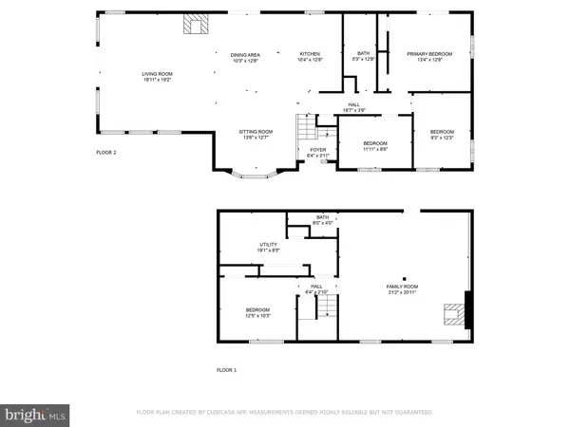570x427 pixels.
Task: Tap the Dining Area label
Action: (244, 54)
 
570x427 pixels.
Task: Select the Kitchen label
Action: (311, 54)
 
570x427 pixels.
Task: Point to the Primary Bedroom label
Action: (426, 54)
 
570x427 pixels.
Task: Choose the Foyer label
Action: (317, 149)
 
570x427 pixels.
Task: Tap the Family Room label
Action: (404, 287)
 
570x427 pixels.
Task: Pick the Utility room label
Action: (269, 244)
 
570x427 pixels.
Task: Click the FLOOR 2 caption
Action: (106, 152)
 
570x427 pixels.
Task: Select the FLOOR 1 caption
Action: (226, 369)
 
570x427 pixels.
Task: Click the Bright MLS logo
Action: (36, 414)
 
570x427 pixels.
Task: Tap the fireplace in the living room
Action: (196, 24)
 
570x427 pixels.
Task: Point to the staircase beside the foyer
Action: (303, 126)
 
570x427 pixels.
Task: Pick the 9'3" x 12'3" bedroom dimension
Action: (442, 138)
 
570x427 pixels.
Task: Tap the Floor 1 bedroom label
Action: (257, 310)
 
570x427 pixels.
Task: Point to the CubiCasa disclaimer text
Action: (285, 413)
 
